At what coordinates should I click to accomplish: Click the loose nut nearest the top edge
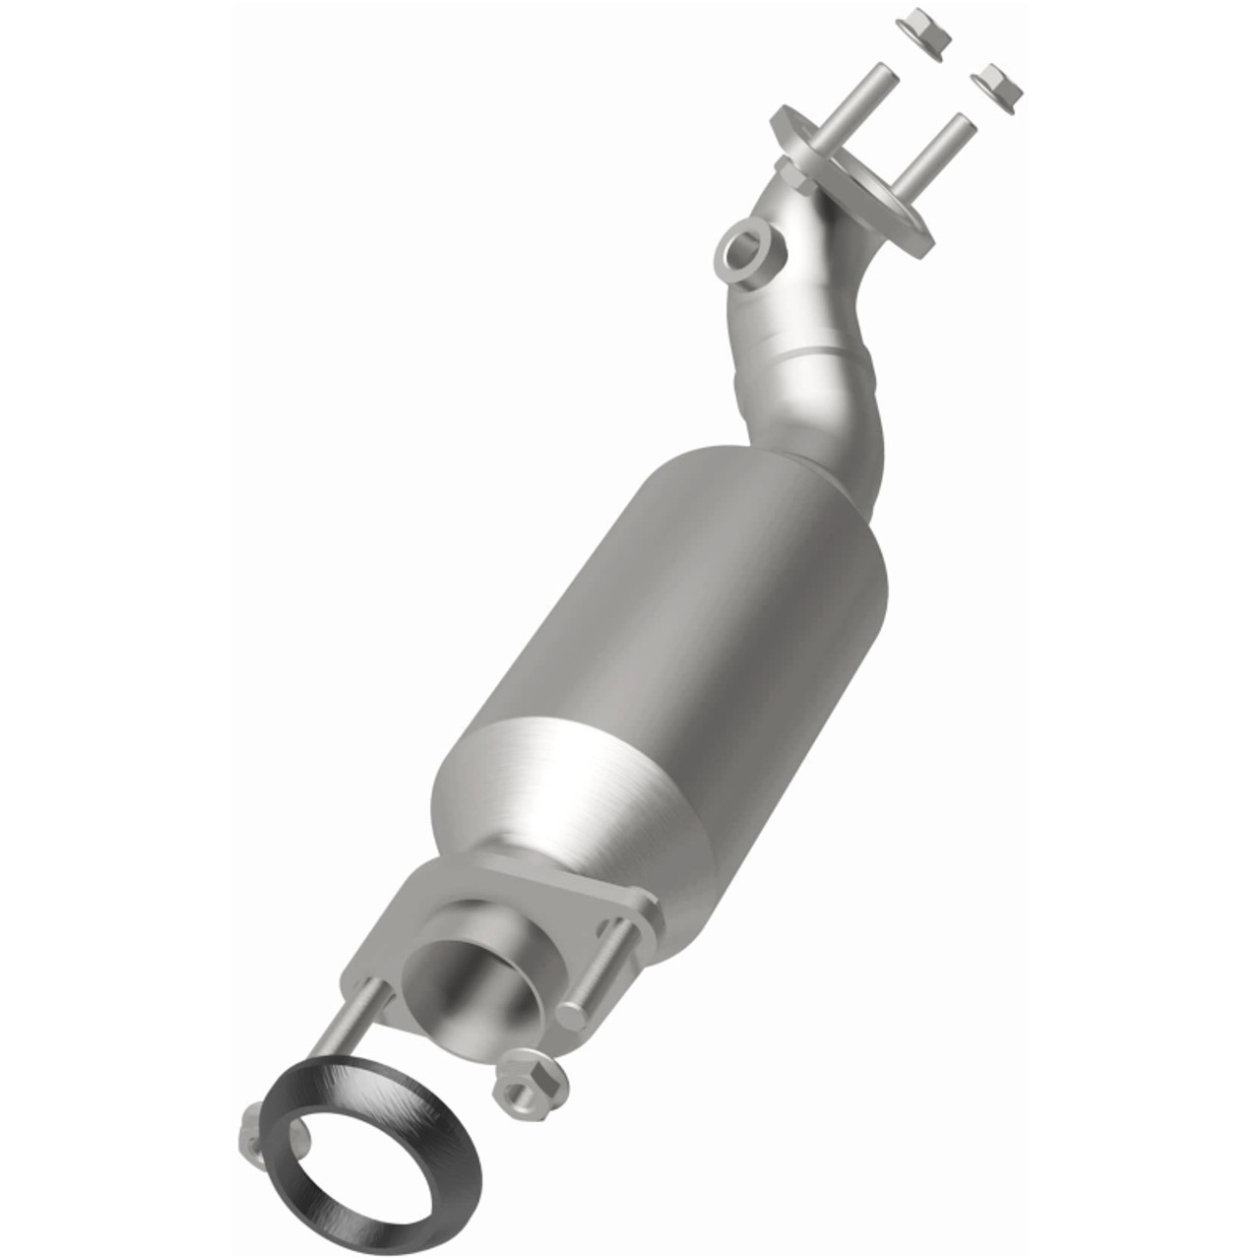pyautogui.click(x=925, y=33)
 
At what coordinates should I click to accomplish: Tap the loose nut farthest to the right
pyautogui.click(x=997, y=86)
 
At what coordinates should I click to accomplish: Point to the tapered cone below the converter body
pyautogui.click(x=551, y=787)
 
